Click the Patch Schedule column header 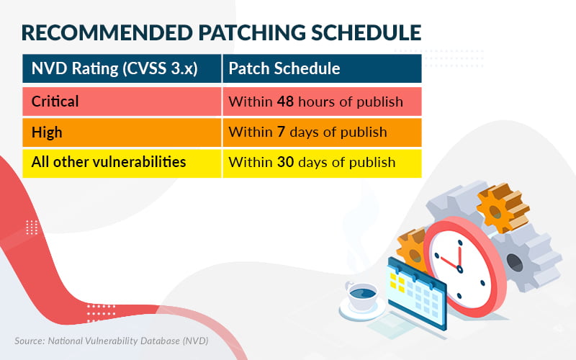(x=284, y=69)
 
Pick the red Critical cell (x=122, y=102)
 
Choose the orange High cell (x=122, y=132)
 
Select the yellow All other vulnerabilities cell (x=122, y=162)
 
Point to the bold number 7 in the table (x=281, y=132)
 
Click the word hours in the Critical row (x=317, y=102)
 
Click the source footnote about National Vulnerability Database (x=111, y=340)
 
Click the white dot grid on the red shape (x=32, y=228)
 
